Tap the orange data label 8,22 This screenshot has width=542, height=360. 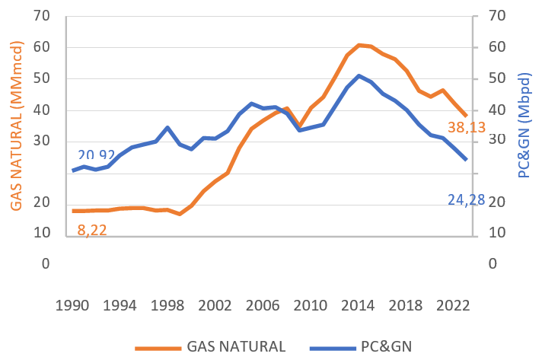(92, 229)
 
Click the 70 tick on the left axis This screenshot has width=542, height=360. (43, 16)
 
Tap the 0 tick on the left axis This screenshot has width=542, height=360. (46, 264)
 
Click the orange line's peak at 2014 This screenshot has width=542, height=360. (359, 46)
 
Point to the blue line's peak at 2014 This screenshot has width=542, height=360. (359, 75)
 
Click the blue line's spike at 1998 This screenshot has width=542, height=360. (167, 127)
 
